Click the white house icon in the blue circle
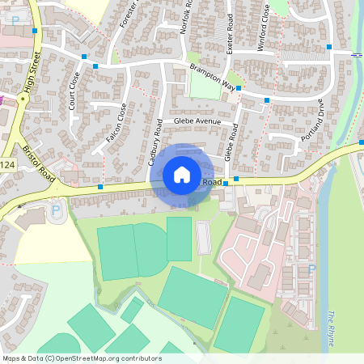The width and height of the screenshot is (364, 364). tap(182, 174)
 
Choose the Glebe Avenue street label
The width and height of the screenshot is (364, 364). tap(197, 121)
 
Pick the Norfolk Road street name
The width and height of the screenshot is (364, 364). tap(188, 23)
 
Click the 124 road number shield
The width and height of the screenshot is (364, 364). tap(7, 165)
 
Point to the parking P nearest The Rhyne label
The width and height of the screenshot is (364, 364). tap(312, 269)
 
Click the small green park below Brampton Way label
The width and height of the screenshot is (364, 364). tap(205, 87)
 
